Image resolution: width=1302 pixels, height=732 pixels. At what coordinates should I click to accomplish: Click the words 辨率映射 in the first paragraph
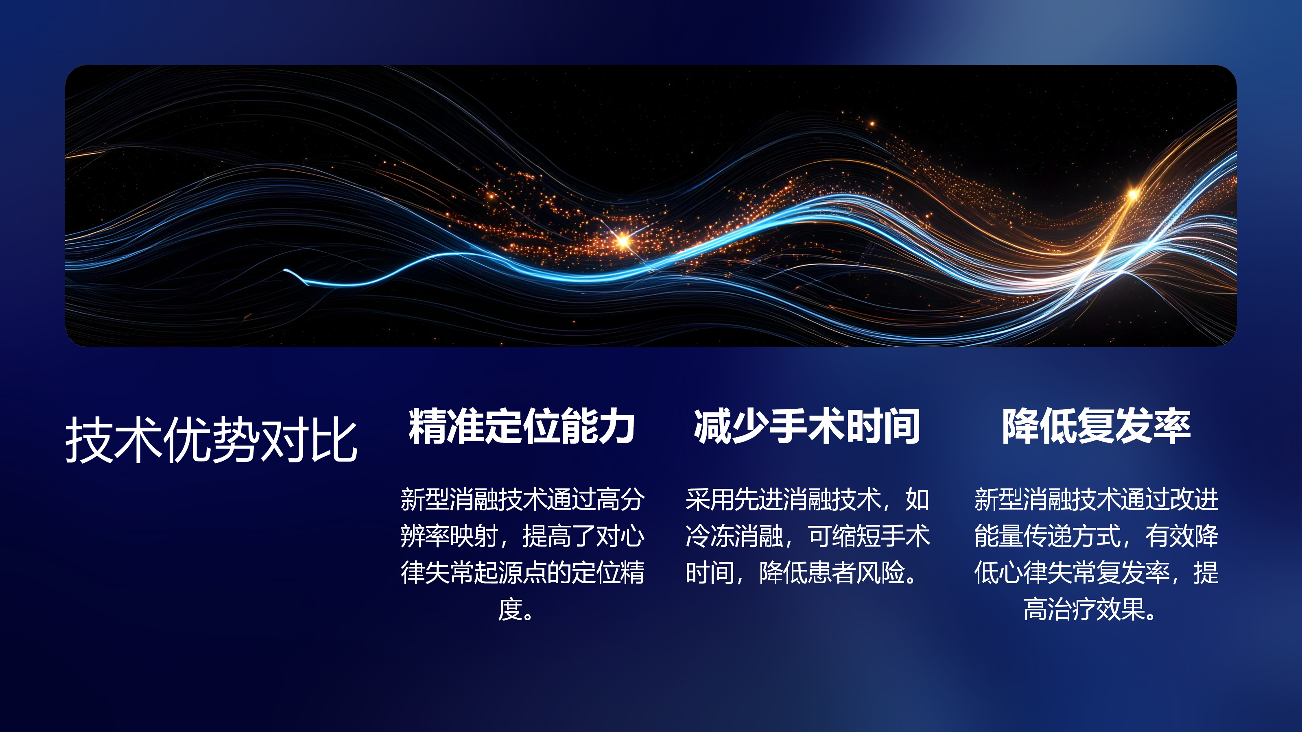[449, 536]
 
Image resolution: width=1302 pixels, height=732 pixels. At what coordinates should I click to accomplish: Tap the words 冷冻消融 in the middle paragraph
[734, 536]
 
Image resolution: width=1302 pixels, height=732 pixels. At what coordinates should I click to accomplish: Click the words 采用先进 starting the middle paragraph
[734, 499]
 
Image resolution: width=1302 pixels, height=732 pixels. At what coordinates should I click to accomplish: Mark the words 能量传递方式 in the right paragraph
[1047, 536]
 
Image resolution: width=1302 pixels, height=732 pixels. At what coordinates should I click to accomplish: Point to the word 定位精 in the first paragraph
[608, 572]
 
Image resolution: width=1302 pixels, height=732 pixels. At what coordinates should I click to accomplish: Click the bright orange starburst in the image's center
[623, 240]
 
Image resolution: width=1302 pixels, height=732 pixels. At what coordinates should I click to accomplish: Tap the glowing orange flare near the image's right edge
[1133, 194]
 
